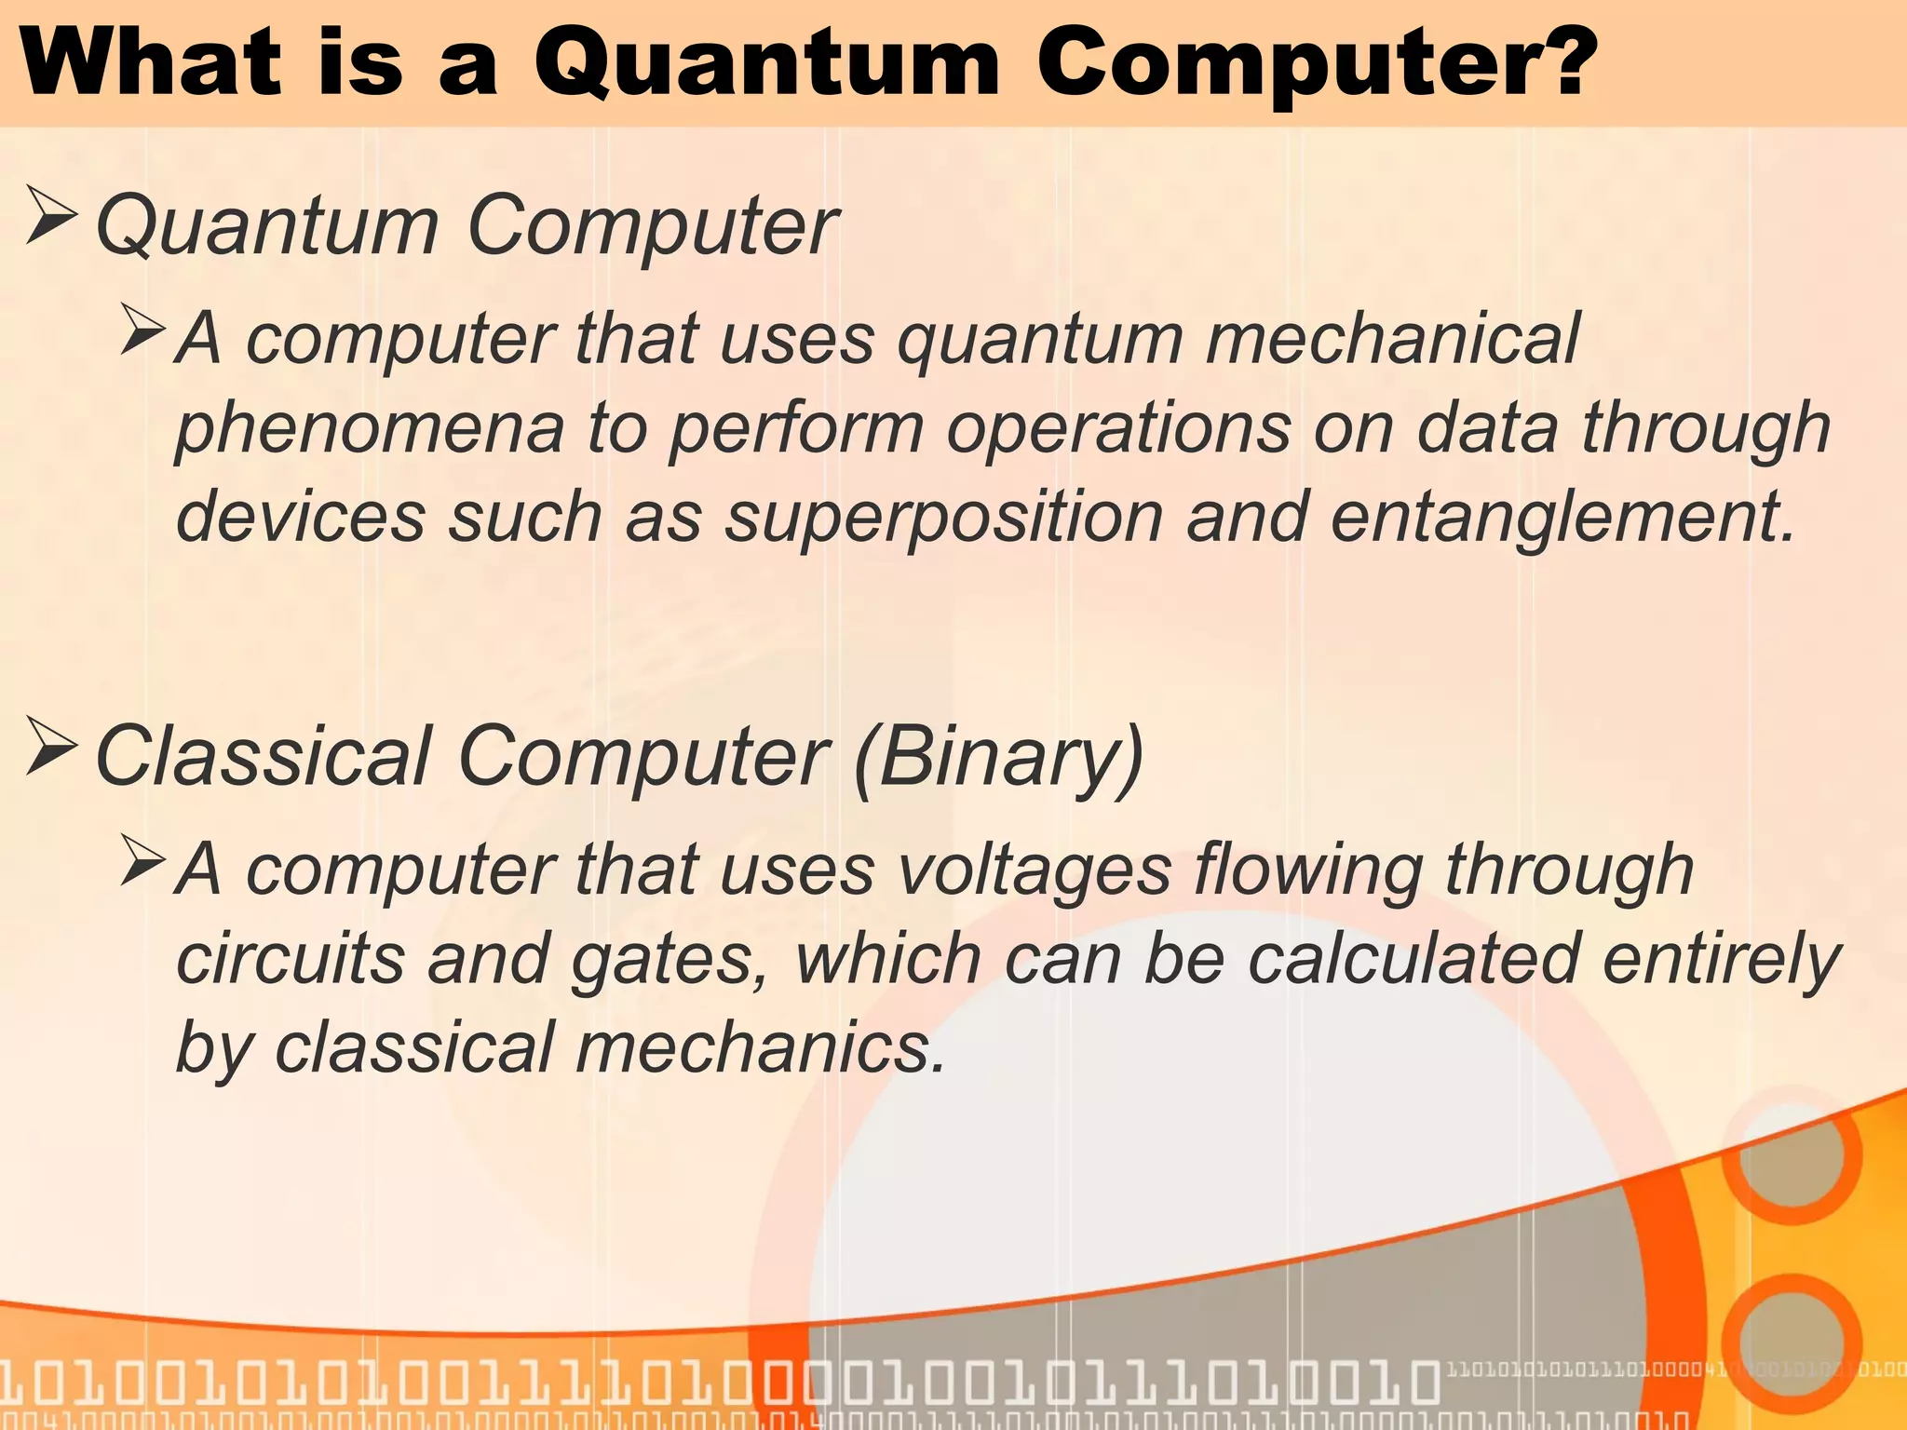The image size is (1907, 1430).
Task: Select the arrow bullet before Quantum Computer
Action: tap(51, 216)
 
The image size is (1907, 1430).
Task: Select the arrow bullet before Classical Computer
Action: tap(51, 746)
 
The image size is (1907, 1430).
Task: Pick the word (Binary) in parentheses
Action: tap(998, 756)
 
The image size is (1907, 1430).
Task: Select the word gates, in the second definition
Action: tap(669, 959)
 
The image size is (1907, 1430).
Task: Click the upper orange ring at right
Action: tap(1789, 1153)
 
